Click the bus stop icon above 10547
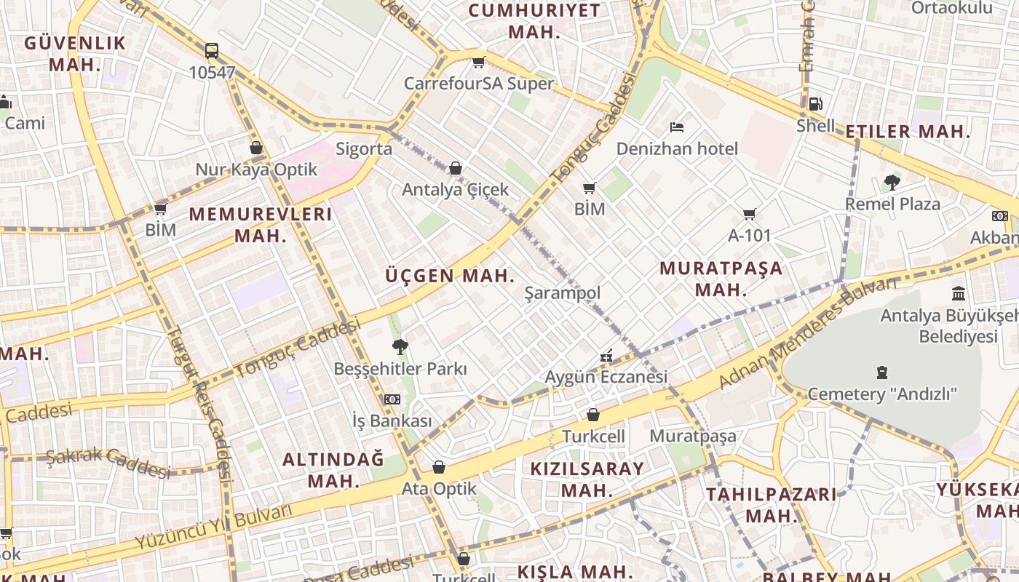point(212,51)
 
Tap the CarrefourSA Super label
point(479,84)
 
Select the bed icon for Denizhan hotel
point(677,127)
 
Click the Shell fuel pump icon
point(816,104)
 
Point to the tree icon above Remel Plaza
point(892,183)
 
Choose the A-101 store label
point(749,236)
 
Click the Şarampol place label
point(563,293)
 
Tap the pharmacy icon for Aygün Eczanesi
point(606,356)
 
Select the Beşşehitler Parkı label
point(400,369)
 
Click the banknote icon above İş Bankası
point(392,399)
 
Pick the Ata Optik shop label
point(439,489)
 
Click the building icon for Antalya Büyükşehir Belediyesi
point(959,294)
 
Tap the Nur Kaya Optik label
point(256,170)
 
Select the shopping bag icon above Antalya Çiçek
point(456,169)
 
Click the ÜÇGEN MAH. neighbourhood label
point(450,276)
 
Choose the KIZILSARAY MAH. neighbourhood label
point(587,479)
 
